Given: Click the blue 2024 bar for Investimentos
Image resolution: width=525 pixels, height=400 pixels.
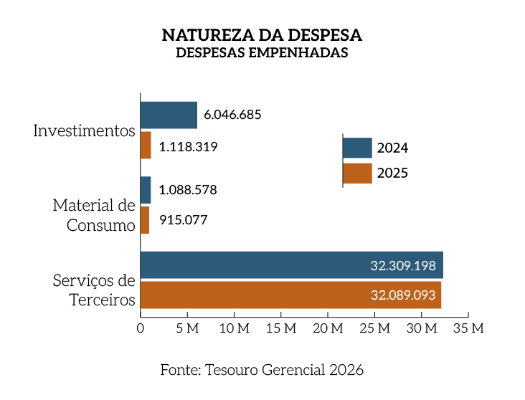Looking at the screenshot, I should pyautogui.click(x=169, y=115).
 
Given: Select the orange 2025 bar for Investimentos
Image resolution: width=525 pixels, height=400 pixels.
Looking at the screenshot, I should pyautogui.click(x=146, y=146).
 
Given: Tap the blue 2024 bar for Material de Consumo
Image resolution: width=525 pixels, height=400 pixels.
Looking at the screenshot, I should pyautogui.click(x=146, y=190).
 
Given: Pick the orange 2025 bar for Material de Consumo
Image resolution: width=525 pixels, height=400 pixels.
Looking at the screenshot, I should pyautogui.click(x=145, y=220).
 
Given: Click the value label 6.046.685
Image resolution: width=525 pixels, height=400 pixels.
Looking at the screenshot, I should pyautogui.click(x=232, y=115).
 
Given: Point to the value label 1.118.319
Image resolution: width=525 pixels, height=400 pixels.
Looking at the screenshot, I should pyautogui.click(x=188, y=147).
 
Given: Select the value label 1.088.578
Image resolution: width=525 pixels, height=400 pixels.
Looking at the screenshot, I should pyautogui.click(x=188, y=190).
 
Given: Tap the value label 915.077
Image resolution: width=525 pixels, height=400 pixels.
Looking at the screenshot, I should pyautogui.click(x=183, y=220).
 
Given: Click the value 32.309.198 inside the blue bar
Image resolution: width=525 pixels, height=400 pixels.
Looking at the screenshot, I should pyautogui.click(x=403, y=265).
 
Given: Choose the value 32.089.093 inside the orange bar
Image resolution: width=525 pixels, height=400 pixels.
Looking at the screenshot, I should pyautogui.click(x=402, y=295).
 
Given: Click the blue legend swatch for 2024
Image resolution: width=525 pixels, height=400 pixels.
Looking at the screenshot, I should pyautogui.click(x=357, y=148).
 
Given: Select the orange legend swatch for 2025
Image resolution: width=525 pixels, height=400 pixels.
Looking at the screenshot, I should pyautogui.click(x=357, y=173).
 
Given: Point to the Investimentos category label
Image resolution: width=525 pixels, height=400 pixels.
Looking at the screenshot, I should pyautogui.click(x=84, y=131).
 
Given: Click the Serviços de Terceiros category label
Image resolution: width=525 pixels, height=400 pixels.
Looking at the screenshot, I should pyautogui.click(x=94, y=290).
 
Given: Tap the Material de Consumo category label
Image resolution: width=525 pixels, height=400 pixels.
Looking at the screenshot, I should pyautogui.click(x=94, y=215).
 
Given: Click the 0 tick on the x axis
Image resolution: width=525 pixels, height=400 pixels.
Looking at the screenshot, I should pyautogui.click(x=141, y=328).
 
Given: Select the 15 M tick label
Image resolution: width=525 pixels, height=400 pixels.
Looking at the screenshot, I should pyautogui.click(x=280, y=328).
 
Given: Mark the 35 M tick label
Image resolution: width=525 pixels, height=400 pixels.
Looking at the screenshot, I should pyautogui.click(x=468, y=328).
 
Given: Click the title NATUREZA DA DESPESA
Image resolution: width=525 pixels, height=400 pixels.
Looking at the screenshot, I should pyautogui.click(x=262, y=35).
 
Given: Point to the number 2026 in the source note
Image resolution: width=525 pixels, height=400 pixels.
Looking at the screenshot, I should pyautogui.click(x=347, y=370).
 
